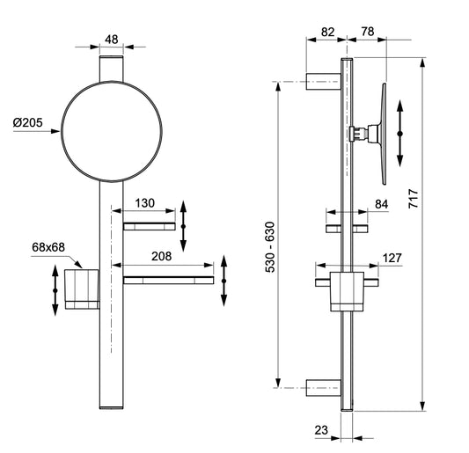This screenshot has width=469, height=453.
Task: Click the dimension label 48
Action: coord(111,39)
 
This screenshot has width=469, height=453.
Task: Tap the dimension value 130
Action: coord(145,203)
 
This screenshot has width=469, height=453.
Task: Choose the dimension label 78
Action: coord(367,32)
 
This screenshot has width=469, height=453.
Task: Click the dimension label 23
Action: coord(323,432)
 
